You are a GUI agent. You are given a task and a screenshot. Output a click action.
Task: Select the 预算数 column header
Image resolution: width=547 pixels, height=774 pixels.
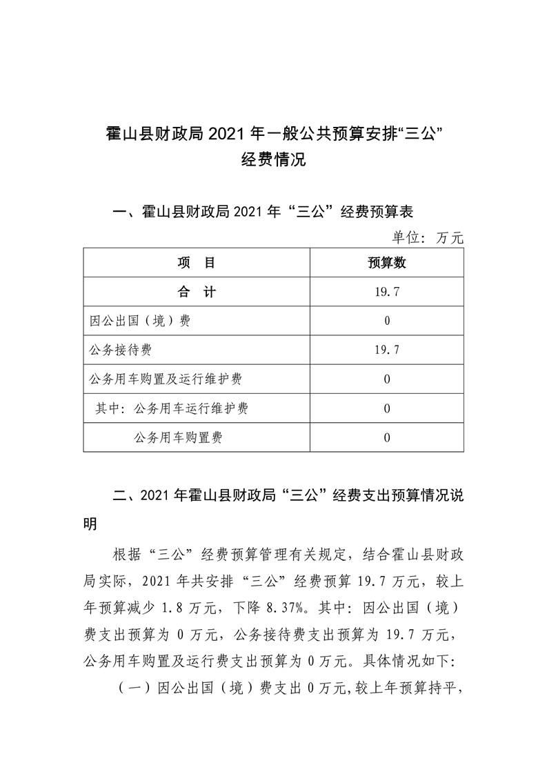387,263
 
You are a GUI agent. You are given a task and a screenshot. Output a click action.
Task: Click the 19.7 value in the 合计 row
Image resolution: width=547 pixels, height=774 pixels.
387,292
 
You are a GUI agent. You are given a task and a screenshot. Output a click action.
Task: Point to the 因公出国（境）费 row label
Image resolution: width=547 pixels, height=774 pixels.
141,321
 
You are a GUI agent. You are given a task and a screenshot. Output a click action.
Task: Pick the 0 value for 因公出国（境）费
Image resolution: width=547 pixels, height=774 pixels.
387,321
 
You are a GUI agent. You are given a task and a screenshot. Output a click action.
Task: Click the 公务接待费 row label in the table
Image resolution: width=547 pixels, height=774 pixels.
121,350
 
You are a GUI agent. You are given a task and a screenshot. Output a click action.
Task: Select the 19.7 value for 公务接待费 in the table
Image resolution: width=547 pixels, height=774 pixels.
387,350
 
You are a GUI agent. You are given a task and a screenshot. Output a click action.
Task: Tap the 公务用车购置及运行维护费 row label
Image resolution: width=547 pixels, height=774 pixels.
166,379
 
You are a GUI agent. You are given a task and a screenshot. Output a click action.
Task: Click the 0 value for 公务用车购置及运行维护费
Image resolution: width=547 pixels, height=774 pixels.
387,379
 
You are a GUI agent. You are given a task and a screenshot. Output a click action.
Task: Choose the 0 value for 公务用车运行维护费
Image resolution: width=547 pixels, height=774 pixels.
387,408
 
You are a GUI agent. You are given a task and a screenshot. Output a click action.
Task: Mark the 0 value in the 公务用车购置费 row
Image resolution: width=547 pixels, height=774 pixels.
387,437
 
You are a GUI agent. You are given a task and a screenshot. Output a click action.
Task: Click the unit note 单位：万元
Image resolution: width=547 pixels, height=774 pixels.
428,238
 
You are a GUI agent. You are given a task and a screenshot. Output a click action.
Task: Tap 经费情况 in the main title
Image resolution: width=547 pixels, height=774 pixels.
273,161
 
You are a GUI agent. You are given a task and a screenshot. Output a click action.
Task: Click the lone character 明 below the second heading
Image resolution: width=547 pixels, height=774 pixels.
90,524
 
